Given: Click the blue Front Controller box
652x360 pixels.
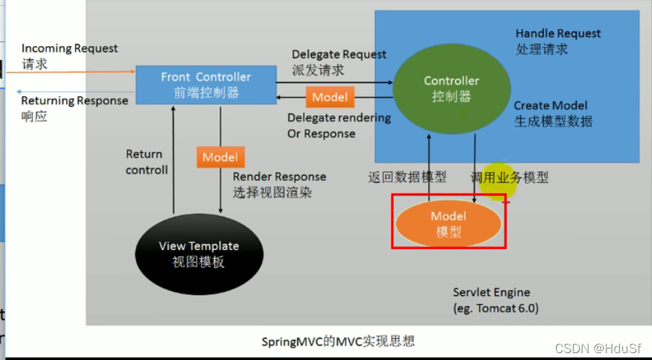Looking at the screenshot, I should point(205,85).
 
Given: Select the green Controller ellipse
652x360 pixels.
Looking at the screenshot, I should point(451,88).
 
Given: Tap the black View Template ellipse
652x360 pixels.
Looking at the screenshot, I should point(198,253).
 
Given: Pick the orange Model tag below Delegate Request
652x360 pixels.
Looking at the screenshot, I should point(330,97).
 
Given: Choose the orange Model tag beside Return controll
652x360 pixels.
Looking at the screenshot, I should point(220,157).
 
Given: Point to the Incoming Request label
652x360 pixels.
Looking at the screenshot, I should point(70,49).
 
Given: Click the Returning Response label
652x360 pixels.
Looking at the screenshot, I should point(74,100).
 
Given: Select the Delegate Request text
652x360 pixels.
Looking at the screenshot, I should point(339,54).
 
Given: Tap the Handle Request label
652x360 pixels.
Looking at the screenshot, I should point(558,34).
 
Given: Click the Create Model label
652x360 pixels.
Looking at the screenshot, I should point(551,105).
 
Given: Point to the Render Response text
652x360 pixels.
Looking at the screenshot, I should point(280,177).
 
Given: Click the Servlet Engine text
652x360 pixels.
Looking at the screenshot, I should point(492,293).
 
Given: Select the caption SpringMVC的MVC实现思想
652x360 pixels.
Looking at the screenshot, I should point(338,341).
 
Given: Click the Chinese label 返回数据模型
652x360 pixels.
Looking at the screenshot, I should point(407,177).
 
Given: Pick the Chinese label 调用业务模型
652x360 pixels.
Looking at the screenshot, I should point(509,177).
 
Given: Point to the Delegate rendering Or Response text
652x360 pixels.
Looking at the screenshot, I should point(339,125).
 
